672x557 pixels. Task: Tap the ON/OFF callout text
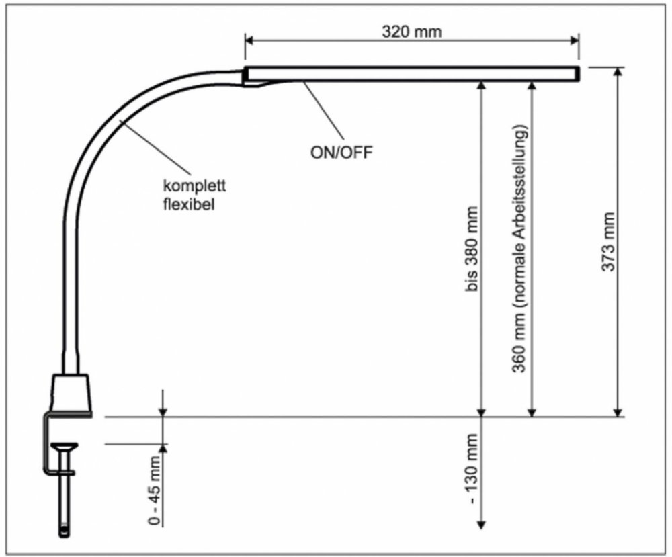[x=341, y=152]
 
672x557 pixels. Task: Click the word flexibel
[x=189, y=204]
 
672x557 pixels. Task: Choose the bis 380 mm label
[x=471, y=249]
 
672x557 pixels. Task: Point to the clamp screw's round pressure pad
[x=65, y=445]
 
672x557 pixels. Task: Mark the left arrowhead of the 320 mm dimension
[x=249, y=40]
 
